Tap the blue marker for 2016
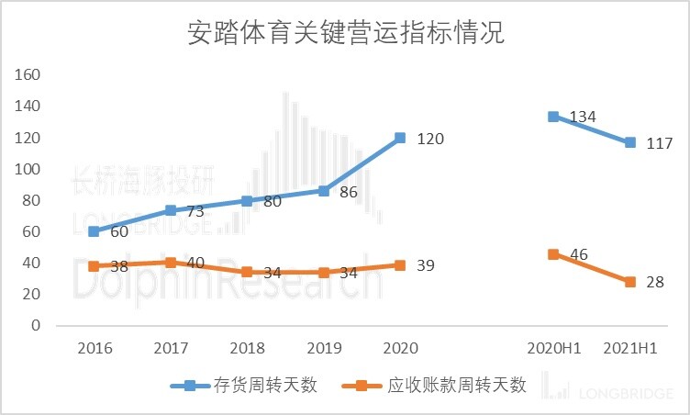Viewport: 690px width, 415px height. (94, 231)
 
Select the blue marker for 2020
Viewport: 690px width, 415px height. (400, 138)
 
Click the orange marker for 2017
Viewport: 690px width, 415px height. (171, 263)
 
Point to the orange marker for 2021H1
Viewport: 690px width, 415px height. (630, 282)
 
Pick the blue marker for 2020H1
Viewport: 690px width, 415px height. (553, 117)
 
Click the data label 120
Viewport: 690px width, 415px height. (430, 140)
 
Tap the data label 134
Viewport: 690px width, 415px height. (584, 118)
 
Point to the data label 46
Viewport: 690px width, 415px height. (578, 254)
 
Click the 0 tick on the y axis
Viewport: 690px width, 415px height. (37, 325)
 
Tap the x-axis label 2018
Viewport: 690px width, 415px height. (247, 348)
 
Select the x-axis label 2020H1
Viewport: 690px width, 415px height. (553, 348)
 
